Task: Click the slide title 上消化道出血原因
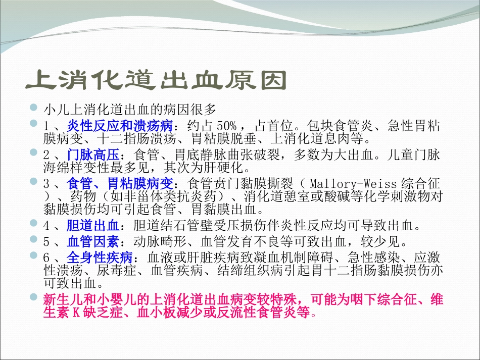tap(156, 80)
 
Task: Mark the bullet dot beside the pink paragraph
tap(34, 298)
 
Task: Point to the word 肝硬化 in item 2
tap(230, 167)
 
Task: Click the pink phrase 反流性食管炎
tap(269, 313)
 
